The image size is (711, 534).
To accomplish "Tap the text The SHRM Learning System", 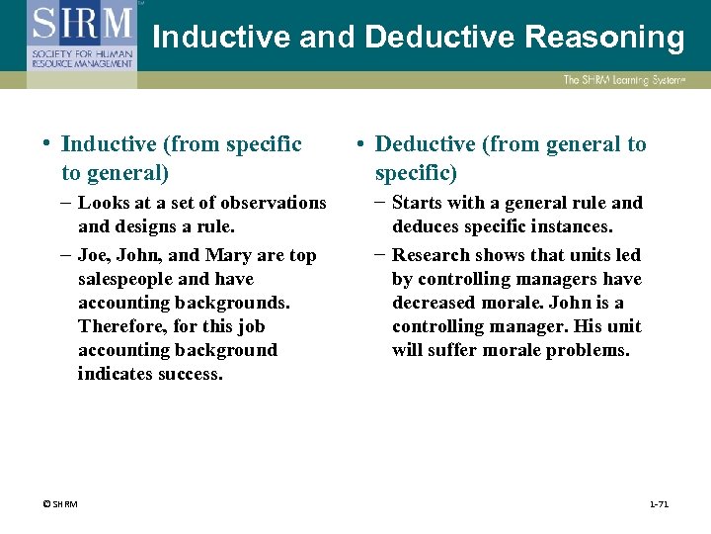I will [623, 80].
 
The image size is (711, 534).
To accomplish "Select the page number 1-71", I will [659, 504].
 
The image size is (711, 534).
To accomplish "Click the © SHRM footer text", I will [60, 504].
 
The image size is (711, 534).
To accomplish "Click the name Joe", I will [95, 255].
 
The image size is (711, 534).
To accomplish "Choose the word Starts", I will [417, 203].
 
